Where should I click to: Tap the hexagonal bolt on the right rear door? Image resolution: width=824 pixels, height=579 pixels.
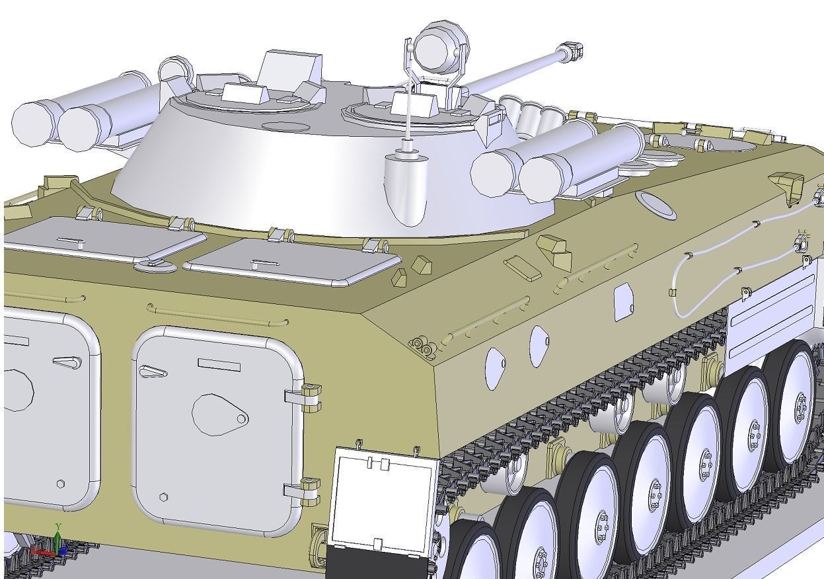click(x=163, y=497)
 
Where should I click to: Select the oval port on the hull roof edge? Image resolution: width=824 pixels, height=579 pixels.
click(x=655, y=204)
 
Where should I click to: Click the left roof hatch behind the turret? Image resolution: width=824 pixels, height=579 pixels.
click(x=106, y=238)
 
